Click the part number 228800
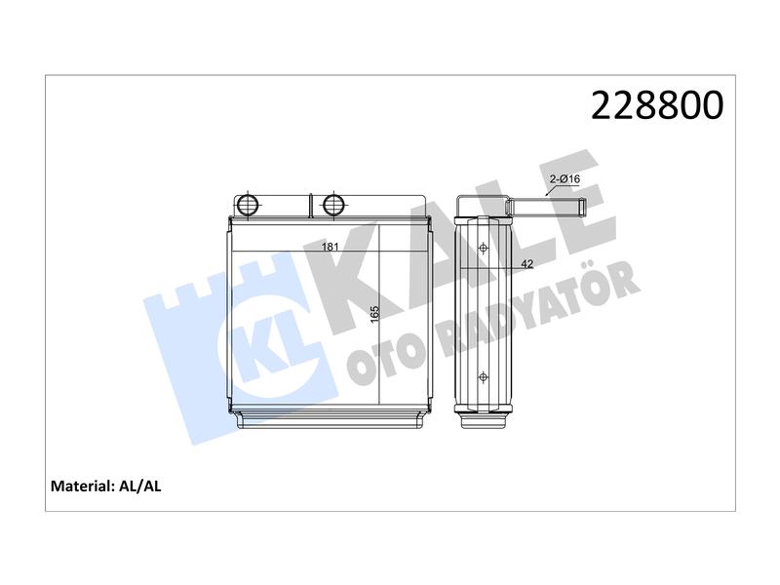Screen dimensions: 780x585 (656, 105)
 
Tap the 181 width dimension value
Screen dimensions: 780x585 (330, 247)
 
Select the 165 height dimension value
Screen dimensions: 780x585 (374, 313)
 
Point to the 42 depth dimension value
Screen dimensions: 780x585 (526, 263)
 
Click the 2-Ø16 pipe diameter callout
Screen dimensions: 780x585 (565, 178)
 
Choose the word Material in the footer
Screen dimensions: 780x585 (82, 486)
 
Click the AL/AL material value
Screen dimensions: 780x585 (140, 486)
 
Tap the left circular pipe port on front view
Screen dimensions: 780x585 (248, 205)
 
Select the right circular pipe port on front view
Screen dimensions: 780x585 (333, 205)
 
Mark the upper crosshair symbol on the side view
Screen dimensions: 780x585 (483, 248)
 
